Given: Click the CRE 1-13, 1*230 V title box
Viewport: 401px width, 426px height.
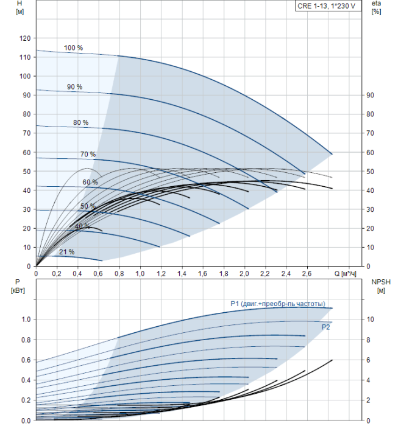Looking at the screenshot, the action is pos(328,6).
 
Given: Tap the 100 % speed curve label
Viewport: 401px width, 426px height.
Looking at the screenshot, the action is pos(74,48).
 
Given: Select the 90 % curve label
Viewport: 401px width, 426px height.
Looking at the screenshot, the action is pos(74,87).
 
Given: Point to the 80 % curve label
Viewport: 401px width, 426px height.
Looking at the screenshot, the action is pos(81,122).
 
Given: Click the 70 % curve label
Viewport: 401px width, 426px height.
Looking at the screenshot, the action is pos(88,155).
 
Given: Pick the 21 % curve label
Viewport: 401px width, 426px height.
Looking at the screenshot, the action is pos(66,252).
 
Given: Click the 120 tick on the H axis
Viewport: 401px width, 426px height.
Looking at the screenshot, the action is pos(25,38).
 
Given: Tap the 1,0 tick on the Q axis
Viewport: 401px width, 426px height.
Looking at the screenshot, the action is pos(140,274).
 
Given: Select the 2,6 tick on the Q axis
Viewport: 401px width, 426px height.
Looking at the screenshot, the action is pos(307,274).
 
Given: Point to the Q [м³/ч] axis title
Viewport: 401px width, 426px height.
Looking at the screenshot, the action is pos(345,274).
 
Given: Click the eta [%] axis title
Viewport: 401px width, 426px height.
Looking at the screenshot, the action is pos(377,7).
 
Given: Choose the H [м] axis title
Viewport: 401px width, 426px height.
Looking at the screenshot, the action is pos(20,7).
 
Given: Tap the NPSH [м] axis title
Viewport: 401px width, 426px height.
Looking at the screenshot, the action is pos(381,287).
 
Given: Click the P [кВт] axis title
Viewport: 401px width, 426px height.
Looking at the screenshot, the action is pos(18,287).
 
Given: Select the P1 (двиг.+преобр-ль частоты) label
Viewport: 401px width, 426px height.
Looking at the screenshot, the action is pos(278,304).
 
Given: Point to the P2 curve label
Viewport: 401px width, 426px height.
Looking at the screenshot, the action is pos(325,327).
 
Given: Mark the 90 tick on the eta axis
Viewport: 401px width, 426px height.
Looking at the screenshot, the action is pos(370,96).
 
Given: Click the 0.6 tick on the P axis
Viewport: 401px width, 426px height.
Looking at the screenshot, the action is pos(26,360).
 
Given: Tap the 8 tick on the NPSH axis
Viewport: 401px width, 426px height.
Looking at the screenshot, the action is pos(368,340).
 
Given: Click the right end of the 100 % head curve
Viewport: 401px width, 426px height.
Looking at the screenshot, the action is pos(332,154).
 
